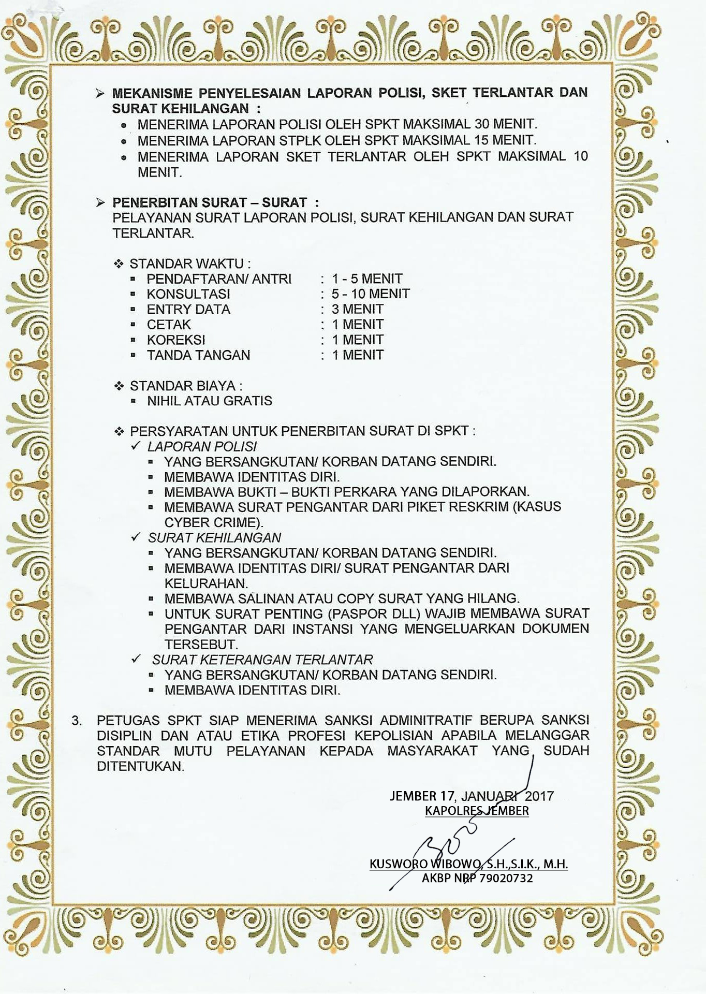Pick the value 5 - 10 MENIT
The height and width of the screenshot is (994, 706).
click(371, 294)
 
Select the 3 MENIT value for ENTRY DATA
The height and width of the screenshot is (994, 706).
click(358, 310)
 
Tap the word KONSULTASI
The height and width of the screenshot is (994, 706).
click(188, 294)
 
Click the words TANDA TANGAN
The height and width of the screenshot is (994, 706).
click(198, 355)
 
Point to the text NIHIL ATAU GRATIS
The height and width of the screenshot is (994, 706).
click(210, 401)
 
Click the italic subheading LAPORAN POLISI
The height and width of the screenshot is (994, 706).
click(202, 447)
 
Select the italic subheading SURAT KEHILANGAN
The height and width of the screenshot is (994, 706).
click(215, 538)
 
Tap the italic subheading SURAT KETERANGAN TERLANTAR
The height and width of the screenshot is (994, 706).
click(262, 660)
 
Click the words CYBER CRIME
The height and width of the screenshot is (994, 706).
click(212, 522)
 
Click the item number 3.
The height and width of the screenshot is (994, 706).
click(77, 721)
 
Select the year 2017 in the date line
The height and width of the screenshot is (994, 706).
click(539, 796)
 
